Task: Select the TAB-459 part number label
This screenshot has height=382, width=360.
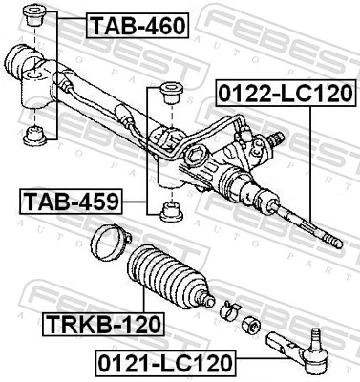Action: pyautogui.click(x=69, y=202)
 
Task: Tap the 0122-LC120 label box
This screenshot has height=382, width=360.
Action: pyautogui.click(x=286, y=94)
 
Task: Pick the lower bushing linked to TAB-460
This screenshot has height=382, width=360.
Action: pyautogui.click(x=35, y=131)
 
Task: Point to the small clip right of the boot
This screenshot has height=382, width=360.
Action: pyautogui.click(x=228, y=308)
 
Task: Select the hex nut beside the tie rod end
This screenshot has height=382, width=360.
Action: pyautogui.click(x=251, y=324)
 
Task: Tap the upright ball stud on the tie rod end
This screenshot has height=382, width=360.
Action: pyautogui.click(x=317, y=334)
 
